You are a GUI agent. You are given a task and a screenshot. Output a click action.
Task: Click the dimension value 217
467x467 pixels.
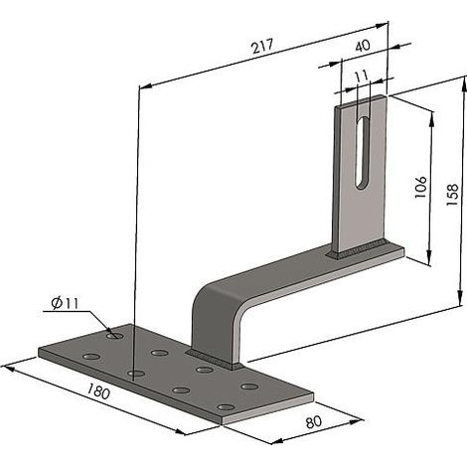pyautogui.click(x=262, y=46)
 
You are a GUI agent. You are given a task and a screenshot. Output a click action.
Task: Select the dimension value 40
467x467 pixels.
pyautogui.click(x=363, y=46)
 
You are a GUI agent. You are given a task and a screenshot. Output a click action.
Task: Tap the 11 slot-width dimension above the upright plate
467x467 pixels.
pyautogui.click(x=362, y=76)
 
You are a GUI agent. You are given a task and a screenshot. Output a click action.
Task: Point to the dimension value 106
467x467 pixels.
pyautogui.click(x=421, y=187)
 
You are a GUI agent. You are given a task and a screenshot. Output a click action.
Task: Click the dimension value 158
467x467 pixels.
pyautogui.click(x=452, y=195)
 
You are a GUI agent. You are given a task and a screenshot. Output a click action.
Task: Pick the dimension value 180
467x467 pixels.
pyautogui.click(x=98, y=390)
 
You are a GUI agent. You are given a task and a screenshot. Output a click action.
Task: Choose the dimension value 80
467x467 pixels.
pyautogui.click(x=313, y=422)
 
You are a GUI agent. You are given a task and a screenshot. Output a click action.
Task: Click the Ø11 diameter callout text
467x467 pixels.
pyautogui.click(x=65, y=303)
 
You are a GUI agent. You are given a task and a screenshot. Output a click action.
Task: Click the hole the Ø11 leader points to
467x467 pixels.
pyautogui.click(x=115, y=336)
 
